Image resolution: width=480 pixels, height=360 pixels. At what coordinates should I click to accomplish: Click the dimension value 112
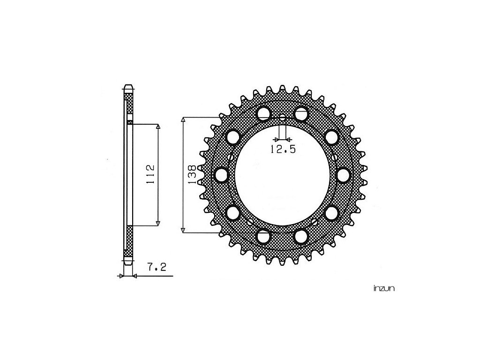pos(150,174)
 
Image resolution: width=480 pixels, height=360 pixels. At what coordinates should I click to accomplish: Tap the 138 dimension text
pos(192,175)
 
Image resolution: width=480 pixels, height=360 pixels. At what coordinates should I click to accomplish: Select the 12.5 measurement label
pos(283,149)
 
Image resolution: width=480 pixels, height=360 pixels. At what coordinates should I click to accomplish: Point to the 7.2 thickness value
pos(157,267)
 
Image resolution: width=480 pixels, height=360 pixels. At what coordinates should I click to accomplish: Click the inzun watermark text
pos(384,288)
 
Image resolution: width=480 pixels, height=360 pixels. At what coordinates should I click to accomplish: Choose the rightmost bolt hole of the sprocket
pos(344,175)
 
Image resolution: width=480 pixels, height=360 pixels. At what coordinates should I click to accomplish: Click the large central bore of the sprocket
pos(283,175)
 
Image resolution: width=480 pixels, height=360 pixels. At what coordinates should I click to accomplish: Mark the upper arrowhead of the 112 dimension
pos(158,127)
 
